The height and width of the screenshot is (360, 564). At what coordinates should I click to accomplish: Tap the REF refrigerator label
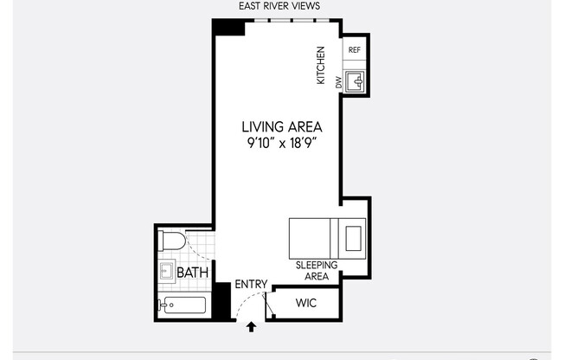pos(354,50)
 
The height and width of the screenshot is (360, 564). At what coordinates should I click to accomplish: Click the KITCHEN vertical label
pos(321,65)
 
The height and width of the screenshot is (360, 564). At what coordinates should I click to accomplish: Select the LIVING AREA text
pos(281,126)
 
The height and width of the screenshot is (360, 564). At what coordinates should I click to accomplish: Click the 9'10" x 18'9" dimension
pos(281,143)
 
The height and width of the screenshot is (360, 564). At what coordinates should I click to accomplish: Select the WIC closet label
pos(306,304)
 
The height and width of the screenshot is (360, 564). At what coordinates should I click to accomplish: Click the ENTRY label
pos(251,285)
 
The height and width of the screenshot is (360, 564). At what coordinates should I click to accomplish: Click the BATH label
pos(191,273)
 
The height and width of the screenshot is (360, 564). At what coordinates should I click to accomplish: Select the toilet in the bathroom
pos(171,241)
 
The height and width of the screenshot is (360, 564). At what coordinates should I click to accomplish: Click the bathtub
pos(183,305)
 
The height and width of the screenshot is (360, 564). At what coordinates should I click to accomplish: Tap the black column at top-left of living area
pos(229,26)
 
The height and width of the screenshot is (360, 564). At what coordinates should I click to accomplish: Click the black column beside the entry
pos(222,299)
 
